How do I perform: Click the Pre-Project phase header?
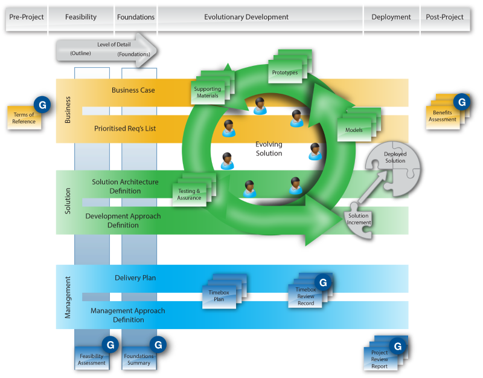(x=27, y=17)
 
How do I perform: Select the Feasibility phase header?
(x=81, y=17)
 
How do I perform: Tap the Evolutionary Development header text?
(x=246, y=17)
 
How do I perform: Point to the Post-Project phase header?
(x=445, y=17)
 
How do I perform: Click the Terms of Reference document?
(x=24, y=118)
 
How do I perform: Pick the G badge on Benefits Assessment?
(x=462, y=102)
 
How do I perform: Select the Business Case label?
(x=133, y=90)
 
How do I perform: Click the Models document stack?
(x=355, y=129)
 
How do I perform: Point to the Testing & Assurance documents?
(x=190, y=194)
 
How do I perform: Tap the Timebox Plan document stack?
(x=220, y=295)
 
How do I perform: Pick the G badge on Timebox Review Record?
(x=323, y=282)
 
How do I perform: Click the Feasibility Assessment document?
(x=92, y=359)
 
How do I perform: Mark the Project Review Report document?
(x=380, y=359)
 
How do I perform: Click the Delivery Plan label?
(x=135, y=278)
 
